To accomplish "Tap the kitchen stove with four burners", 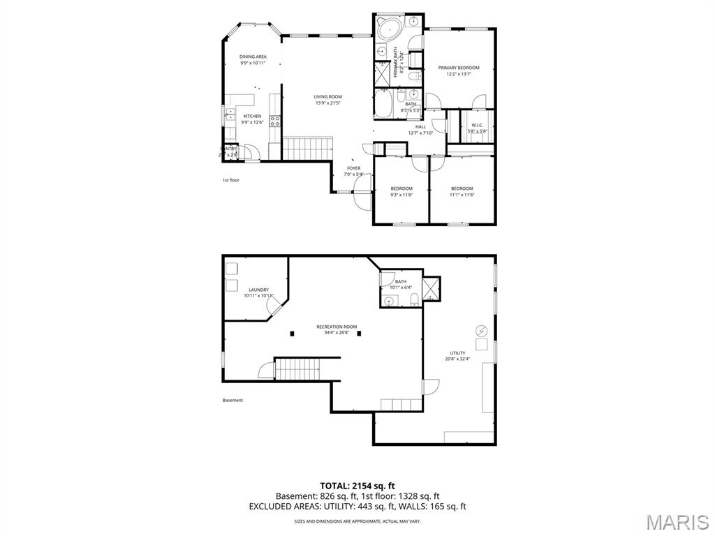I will click(275, 123).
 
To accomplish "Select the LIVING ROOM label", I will click(327, 97).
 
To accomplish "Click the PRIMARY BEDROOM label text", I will click(459, 68).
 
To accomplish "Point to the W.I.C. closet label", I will click(478, 126).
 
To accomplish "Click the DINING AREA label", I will click(253, 57).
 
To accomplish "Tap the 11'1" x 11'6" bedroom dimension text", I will click(462, 195).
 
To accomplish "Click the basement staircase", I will click(297, 368).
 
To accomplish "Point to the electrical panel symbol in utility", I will click(480, 330).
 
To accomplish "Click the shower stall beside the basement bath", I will click(431, 288).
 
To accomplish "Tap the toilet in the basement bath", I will click(414, 300).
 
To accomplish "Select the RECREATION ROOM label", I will click(337, 327).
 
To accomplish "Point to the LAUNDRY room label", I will click(258, 290).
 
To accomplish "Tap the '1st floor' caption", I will click(231, 180).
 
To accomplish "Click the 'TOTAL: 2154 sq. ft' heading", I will click(357, 485).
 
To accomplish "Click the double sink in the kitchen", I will click(228, 115).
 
